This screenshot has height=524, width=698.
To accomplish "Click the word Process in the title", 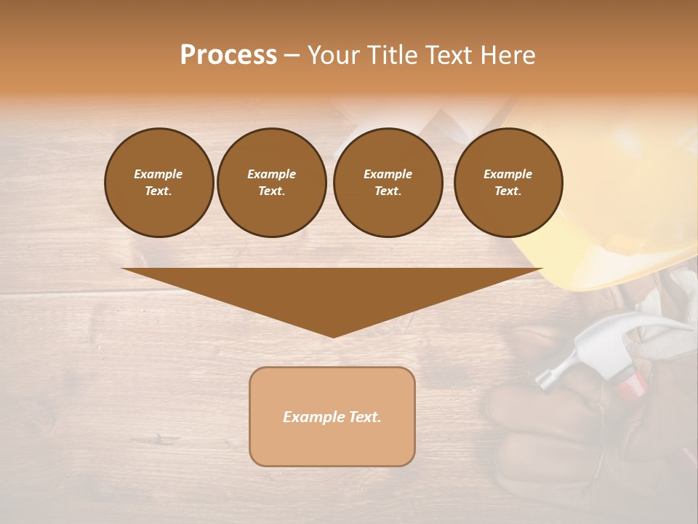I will click(x=228, y=55).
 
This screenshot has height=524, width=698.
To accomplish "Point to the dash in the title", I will click(x=292, y=55).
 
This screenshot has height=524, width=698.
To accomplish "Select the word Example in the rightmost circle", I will click(x=508, y=174).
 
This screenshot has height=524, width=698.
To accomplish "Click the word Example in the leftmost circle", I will click(x=159, y=174).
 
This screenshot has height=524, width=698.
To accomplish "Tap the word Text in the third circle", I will click(x=388, y=191).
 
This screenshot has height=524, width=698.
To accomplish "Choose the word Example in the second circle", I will click(x=271, y=174).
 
